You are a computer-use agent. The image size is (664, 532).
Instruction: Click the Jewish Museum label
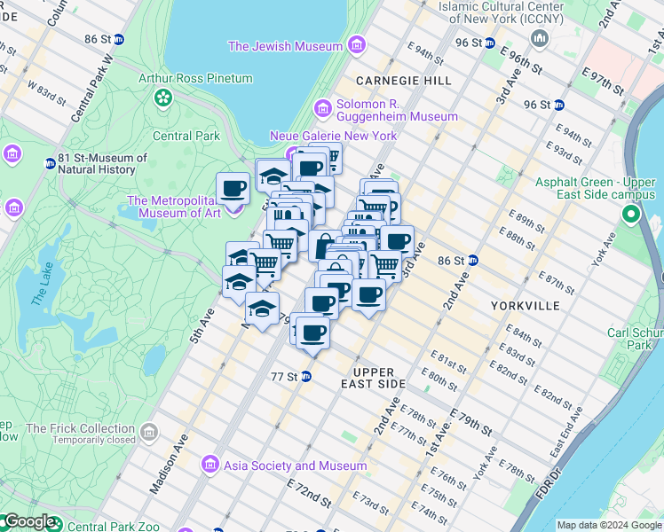click(x=285, y=46)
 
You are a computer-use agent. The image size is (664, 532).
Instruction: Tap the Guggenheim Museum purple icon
click(x=322, y=109)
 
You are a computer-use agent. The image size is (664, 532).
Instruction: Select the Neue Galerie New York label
click(x=334, y=136)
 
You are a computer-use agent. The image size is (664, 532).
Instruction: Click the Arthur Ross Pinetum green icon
click(x=163, y=97)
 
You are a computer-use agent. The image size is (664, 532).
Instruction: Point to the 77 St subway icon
click(x=306, y=376)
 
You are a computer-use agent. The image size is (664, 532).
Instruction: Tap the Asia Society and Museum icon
click(x=210, y=465)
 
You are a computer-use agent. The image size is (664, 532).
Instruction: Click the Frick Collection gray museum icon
click(x=148, y=434)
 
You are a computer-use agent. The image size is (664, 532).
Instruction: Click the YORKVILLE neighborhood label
click(x=526, y=305)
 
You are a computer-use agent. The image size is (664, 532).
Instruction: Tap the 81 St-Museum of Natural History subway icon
click(x=50, y=163)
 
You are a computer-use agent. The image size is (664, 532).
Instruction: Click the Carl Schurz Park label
click(x=635, y=339)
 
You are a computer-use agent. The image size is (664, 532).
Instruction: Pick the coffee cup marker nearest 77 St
click(x=312, y=333)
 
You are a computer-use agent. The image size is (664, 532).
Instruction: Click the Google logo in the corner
click(x=28, y=522)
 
